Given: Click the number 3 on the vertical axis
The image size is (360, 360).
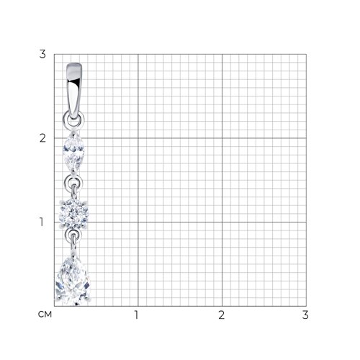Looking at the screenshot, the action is [x=42, y=54].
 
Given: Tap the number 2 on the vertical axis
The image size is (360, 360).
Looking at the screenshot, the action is [x=42, y=138].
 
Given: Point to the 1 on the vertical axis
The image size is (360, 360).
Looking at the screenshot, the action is [x=42, y=222].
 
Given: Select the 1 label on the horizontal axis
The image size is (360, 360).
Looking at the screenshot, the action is [x=137, y=315].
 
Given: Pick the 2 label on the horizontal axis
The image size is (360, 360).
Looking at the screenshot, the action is [x=221, y=315].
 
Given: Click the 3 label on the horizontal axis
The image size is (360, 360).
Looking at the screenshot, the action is [x=305, y=315].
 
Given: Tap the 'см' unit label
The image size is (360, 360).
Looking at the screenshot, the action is [x=45, y=315].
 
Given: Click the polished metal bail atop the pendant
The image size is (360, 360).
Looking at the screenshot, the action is [x=73, y=91].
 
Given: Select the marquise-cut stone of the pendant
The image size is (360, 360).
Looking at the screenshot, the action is [x=73, y=152].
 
